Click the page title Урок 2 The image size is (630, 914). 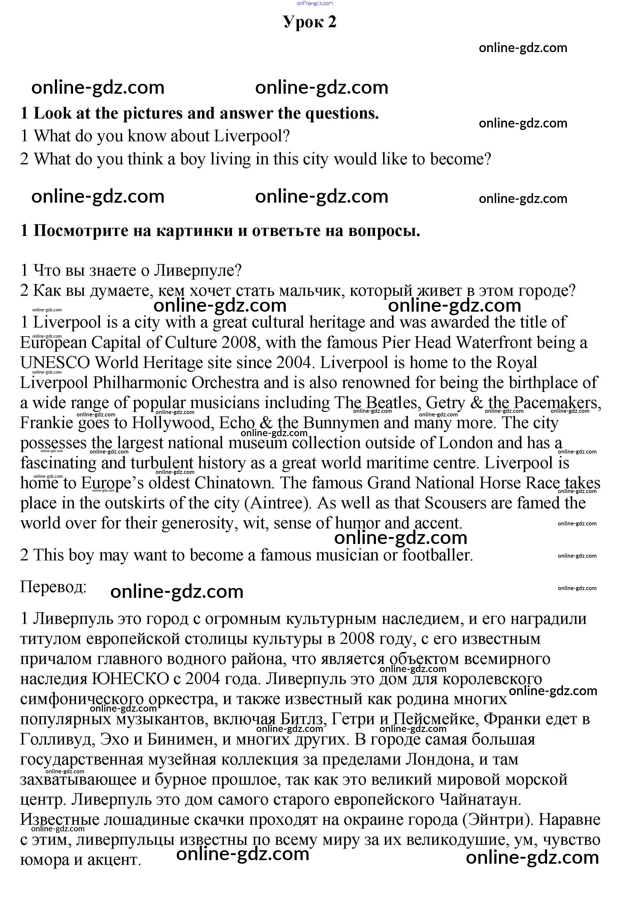pos(309,22)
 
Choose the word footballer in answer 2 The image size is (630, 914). pos(437,555)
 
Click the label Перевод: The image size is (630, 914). pos(53,587)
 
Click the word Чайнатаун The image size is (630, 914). pos(479,800)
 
